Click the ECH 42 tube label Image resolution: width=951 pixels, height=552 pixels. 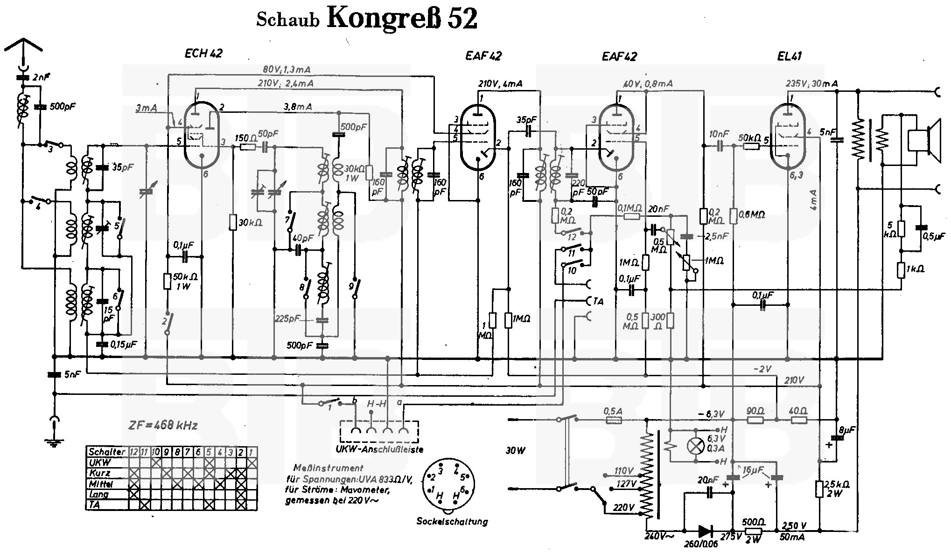[x=203, y=53]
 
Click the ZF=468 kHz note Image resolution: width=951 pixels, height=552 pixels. [x=163, y=425]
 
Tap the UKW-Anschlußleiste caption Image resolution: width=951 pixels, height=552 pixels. [x=379, y=449]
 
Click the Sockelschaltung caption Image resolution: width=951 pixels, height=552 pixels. [x=452, y=521]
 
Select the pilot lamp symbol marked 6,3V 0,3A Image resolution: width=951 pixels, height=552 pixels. [x=696, y=446]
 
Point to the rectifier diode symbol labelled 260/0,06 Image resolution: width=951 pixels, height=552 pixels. [x=705, y=531]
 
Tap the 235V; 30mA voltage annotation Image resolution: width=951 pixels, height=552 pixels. [x=811, y=83]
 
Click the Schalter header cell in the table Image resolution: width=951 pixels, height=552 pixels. [x=106, y=451]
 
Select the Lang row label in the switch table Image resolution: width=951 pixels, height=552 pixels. [x=98, y=494]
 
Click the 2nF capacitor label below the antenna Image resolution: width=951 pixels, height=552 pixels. [x=42, y=77]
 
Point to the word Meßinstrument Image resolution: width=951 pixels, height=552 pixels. [x=328, y=468]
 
